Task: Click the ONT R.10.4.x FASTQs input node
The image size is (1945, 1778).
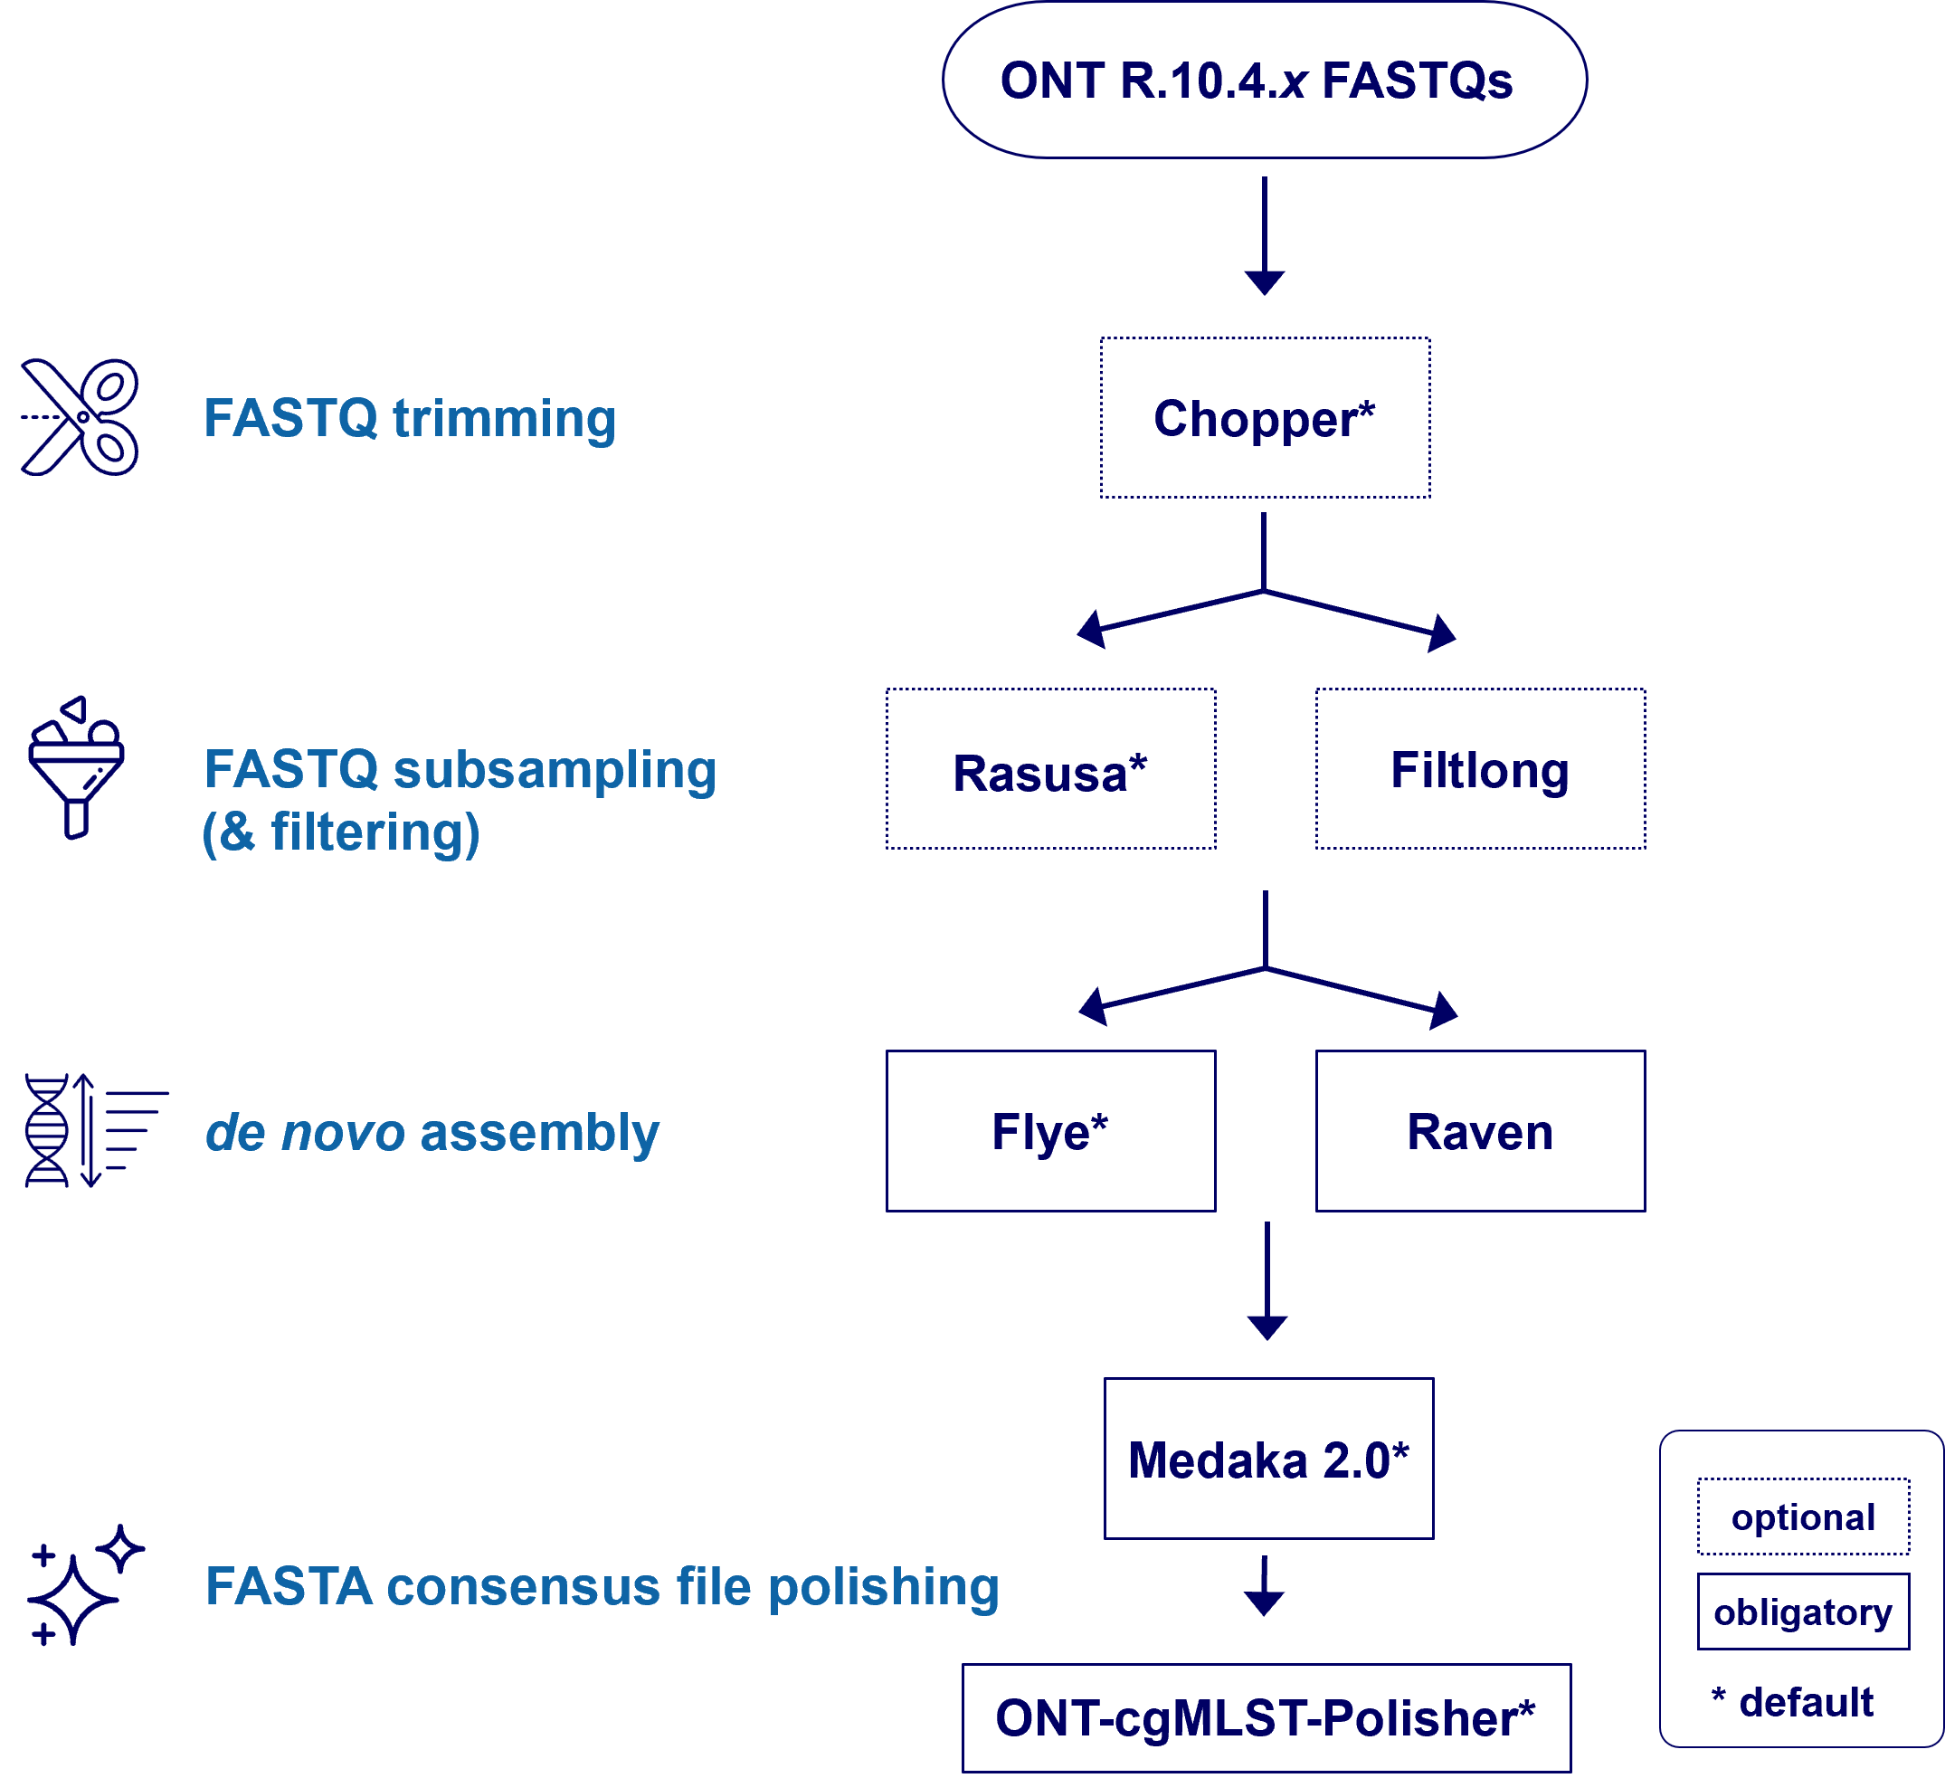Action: [x=1264, y=80]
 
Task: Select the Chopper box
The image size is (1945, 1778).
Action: [x=1264, y=418]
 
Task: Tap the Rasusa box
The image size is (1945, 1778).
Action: [x=1050, y=770]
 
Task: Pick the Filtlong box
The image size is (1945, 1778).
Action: [x=1480, y=770]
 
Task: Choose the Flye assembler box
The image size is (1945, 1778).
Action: [x=1050, y=1131]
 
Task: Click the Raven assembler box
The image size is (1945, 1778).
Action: [x=1480, y=1131]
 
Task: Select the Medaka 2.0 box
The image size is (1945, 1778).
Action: [x=1268, y=1459]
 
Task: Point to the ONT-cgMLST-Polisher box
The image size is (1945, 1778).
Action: [x=1266, y=1717]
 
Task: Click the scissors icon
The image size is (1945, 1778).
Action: [x=81, y=417]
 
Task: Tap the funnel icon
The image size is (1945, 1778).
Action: [x=75, y=768]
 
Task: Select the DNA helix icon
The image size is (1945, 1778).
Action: [x=48, y=1130]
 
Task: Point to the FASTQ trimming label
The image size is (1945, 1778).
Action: [x=409, y=419]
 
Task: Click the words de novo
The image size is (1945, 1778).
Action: [x=304, y=1133]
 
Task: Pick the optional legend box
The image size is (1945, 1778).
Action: [x=1802, y=1517]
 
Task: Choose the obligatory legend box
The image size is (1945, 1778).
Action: [x=1802, y=1612]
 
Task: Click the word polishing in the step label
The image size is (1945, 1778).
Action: [x=883, y=1587]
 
